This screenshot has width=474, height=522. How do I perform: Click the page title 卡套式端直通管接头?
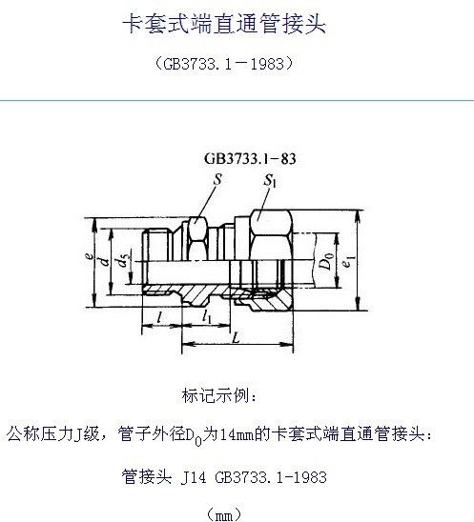[224, 25]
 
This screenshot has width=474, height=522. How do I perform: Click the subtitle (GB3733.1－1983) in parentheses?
[224, 64]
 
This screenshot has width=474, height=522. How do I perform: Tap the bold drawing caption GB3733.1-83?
[250, 159]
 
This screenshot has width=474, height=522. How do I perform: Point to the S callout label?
[217, 179]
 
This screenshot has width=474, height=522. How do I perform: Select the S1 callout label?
[270, 181]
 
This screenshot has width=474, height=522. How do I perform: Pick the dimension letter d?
[105, 261]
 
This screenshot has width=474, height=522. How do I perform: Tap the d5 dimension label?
[122, 261]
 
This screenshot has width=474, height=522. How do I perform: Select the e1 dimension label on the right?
[347, 262]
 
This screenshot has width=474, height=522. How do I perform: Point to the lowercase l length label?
[159, 317]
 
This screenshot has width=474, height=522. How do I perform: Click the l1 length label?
[207, 316]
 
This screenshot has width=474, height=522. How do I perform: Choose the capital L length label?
[236, 338]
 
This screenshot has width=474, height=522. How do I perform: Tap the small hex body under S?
[197, 238]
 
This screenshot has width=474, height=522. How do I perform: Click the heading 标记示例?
[219, 395]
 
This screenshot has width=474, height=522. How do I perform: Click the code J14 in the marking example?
[194, 477]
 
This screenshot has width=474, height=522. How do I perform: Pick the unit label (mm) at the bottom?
[224, 514]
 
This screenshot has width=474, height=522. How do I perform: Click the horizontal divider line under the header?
[237, 100]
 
